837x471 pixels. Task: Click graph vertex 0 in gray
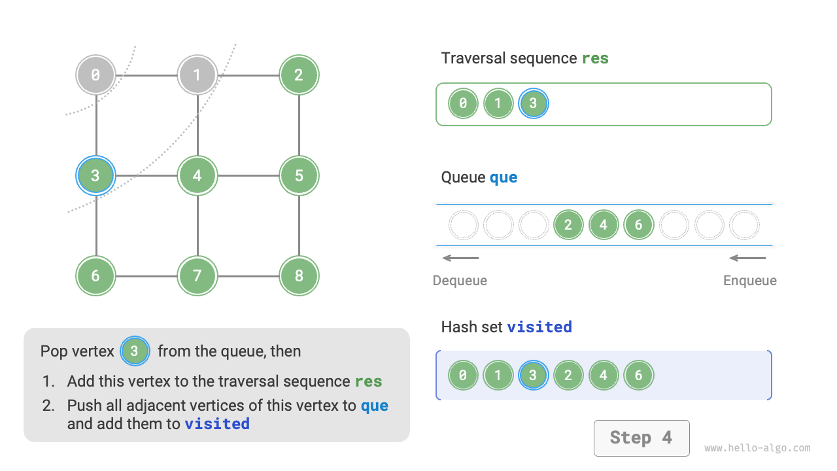click(95, 75)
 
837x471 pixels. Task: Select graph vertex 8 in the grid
click(299, 275)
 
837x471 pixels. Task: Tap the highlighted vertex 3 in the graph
click(95, 175)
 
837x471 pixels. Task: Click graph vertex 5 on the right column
click(299, 175)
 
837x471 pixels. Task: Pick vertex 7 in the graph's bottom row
click(197, 275)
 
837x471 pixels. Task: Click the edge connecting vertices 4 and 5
click(248, 175)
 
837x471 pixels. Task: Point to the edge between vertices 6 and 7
click(146, 275)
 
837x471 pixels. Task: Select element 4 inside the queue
click(603, 225)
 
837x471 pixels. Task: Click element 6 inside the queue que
click(638, 225)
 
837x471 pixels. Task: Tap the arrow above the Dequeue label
click(460, 258)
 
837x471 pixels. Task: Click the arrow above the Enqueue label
click(747, 258)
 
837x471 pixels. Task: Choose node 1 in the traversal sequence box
click(498, 103)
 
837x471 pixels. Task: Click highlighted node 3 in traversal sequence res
click(533, 103)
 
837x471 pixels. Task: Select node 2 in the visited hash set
click(568, 375)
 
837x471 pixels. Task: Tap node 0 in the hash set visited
click(463, 375)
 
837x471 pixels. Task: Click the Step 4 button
click(641, 438)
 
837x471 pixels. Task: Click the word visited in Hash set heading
click(539, 326)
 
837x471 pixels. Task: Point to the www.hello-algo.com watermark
click(757, 448)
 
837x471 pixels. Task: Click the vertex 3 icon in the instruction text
click(134, 351)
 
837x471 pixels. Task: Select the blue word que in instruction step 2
click(374, 406)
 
